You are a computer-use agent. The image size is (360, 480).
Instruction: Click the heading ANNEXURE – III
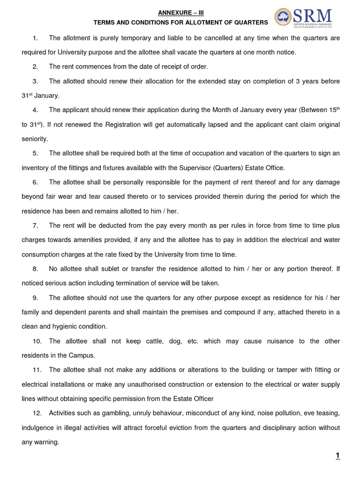[x=180, y=13]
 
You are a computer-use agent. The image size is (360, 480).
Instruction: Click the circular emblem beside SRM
[x=283, y=17]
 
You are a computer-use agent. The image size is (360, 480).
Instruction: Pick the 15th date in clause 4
[x=331, y=109]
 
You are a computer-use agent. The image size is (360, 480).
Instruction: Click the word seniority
[x=35, y=139]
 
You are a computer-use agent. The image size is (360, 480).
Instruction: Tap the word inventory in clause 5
[x=36, y=168]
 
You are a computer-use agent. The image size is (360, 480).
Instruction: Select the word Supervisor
[x=205, y=168]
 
